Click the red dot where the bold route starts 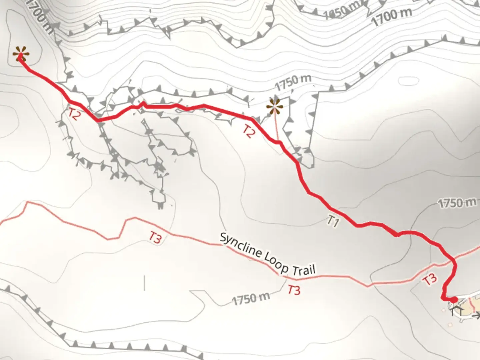tap(454, 300)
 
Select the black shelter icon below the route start tap(456, 312)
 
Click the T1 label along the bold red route tap(333, 221)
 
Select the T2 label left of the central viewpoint tap(249, 131)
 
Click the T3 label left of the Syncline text tap(155, 237)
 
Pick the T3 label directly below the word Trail tap(294, 290)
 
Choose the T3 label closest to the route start tap(430, 279)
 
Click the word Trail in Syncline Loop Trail tap(303, 270)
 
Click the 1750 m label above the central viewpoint tap(293, 82)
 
